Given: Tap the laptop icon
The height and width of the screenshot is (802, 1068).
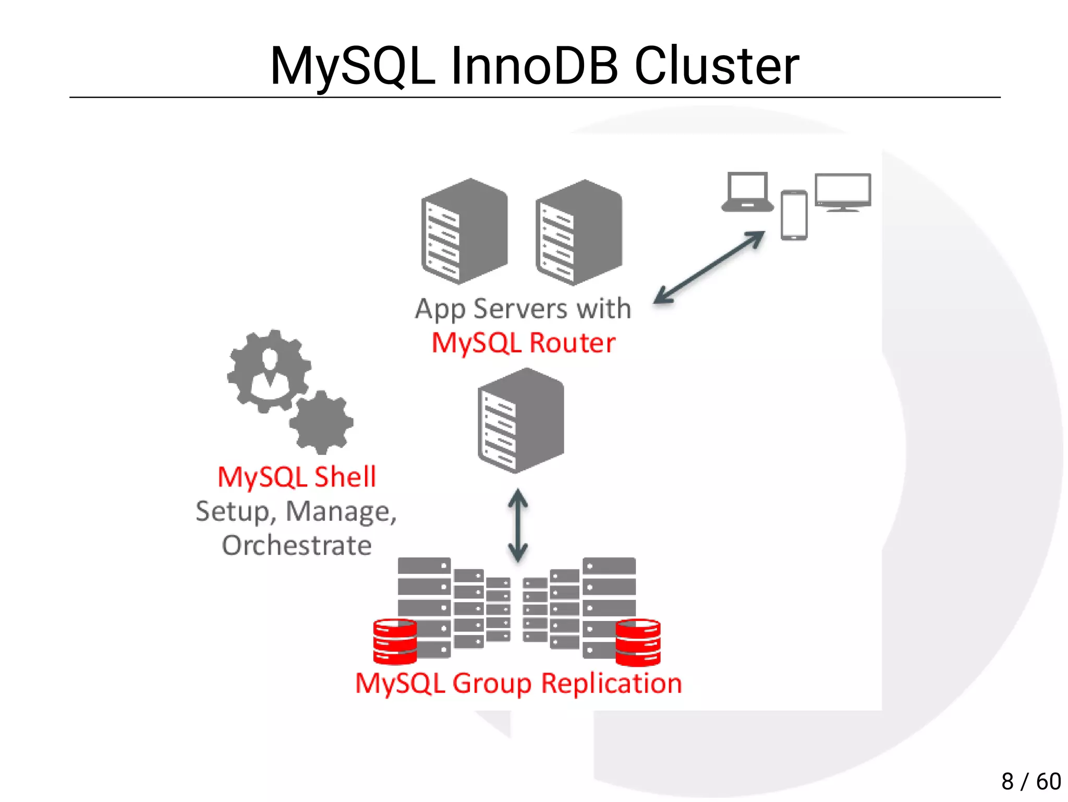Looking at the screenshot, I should (747, 193).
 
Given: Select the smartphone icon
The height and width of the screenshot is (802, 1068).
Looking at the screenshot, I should (794, 215).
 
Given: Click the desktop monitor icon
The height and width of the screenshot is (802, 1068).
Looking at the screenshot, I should (843, 191).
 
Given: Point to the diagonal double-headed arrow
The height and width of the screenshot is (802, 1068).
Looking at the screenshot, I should (709, 267).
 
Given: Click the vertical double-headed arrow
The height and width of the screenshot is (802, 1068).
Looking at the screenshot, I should (518, 525).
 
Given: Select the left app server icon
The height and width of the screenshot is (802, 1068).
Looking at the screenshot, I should (464, 232).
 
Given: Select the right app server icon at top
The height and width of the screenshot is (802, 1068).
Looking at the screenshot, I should (578, 233).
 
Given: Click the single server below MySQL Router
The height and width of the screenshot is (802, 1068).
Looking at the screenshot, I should (520, 421).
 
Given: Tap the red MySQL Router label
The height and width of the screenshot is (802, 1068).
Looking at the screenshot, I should (523, 343).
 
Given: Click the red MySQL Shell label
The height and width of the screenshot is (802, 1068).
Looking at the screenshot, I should (296, 477).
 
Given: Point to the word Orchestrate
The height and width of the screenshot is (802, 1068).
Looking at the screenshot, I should (296, 546).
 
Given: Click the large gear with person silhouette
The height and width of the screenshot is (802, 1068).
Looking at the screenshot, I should (269, 371).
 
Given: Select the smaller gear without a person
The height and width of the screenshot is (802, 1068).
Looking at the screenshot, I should (321, 422).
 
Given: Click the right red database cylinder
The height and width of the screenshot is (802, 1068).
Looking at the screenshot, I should (638, 642).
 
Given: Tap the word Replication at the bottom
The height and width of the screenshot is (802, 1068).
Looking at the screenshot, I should (611, 684).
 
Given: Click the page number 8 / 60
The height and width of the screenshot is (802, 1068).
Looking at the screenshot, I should (1030, 781).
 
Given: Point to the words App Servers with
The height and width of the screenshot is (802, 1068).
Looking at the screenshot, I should (523, 308).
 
